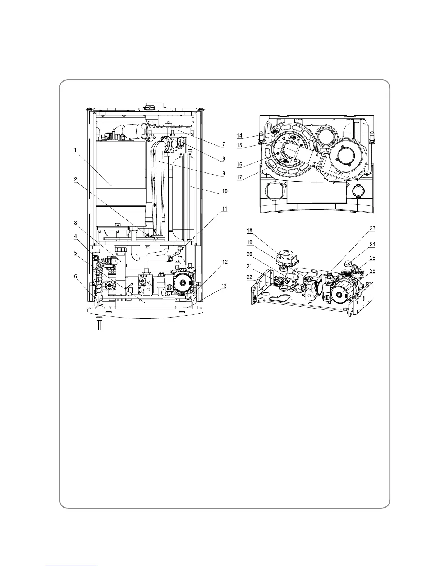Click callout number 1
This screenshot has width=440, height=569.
tap(76, 151)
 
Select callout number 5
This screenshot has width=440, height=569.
tap(75, 253)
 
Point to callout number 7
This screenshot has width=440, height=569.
tap(223, 144)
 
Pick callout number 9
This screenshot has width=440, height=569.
tap(224, 173)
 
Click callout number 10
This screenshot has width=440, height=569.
tap(224, 191)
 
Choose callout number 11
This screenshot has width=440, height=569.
tap(225, 208)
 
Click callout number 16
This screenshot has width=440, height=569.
tap(239, 165)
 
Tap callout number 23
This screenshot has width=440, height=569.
tap(372, 228)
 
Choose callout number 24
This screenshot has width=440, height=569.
tap(372, 244)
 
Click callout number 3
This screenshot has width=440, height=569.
tap(75, 223)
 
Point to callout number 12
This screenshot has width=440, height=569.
tap(224, 262)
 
